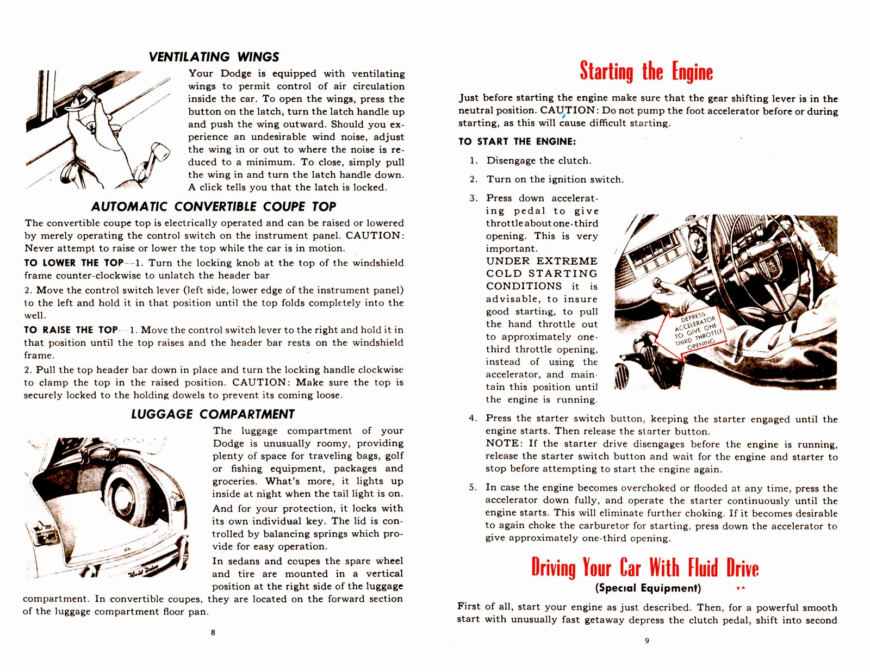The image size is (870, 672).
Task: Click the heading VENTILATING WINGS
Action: [214, 57]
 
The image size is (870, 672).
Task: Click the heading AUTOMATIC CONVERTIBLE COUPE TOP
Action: [213, 207]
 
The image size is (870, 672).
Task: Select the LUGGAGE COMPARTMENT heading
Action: [213, 414]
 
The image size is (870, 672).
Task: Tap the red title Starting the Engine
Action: [646, 72]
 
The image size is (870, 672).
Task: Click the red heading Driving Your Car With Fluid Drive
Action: [645, 568]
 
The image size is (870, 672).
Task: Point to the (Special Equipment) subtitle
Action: [648, 588]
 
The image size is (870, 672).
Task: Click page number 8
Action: [213, 632]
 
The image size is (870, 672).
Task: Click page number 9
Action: [647, 640]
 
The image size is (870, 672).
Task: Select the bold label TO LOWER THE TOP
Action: [73, 263]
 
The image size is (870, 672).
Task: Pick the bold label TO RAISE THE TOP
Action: [71, 330]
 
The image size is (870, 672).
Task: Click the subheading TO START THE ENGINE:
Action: [517, 142]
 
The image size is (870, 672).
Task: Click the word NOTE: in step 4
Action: [504, 444]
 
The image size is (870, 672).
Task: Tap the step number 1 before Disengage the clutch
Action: [474, 161]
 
